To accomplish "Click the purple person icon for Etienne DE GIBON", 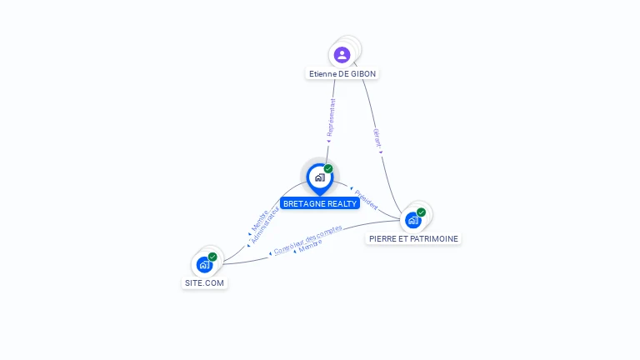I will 342,55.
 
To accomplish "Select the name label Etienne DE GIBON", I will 342,73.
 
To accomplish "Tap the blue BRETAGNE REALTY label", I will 320,203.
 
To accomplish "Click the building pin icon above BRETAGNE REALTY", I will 319,177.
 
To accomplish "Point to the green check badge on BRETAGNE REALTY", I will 328,168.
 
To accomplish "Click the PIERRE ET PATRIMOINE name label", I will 413,238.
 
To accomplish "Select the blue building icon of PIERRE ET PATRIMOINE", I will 412,220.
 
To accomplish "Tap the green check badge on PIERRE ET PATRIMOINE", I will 422,212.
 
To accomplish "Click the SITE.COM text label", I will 204,282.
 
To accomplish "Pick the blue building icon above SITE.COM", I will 204,265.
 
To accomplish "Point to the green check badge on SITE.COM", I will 212,257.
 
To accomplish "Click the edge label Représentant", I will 331,117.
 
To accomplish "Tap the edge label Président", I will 364,198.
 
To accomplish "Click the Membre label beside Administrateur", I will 259,218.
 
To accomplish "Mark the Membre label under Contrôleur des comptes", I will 310,246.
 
